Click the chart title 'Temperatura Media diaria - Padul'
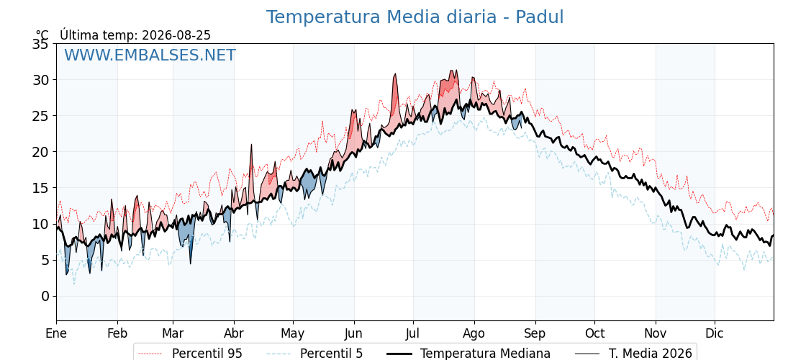tap(415, 17)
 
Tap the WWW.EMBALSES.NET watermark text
tap(150, 55)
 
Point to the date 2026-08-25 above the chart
tap(176, 35)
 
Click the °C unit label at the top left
tap(42, 35)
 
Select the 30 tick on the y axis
tap(41, 80)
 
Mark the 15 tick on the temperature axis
tap(41, 188)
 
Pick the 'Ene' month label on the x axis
tap(56, 334)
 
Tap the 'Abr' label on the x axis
tap(234, 334)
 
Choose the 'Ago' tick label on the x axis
tap(474, 334)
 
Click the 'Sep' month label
tap(535, 334)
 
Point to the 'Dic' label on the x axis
tap(715, 334)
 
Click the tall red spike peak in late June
tap(395, 73)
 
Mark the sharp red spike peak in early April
tap(251, 145)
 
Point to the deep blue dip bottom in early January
tap(66, 274)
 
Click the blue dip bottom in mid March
tap(190, 264)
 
